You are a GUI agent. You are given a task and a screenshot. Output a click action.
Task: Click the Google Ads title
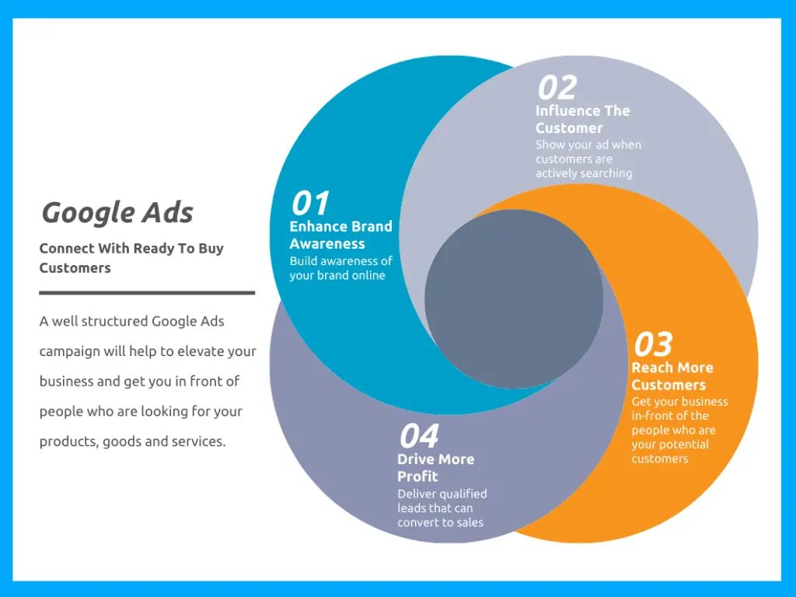(x=117, y=212)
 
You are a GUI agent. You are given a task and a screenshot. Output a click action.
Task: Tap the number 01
(x=310, y=204)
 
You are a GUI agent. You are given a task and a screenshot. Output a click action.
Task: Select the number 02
(x=557, y=88)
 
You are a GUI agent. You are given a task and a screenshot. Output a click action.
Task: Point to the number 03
(x=653, y=344)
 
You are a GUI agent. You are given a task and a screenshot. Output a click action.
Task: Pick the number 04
(x=419, y=436)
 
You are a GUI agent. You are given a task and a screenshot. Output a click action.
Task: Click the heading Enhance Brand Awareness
(x=340, y=235)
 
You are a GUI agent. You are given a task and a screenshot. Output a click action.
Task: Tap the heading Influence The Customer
(x=582, y=119)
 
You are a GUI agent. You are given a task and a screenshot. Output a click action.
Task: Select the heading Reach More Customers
(x=672, y=376)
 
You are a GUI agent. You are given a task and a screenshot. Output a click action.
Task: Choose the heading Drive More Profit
(x=435, y=467)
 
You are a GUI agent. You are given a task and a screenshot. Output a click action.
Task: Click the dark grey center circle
(x=514, y=299)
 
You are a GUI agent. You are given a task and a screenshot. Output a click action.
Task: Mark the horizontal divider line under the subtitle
(x=147, y=293)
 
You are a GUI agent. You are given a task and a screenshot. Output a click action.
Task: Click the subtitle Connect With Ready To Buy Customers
(x=131, y=258)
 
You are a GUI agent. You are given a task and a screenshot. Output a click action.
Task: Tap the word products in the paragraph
(x=68, y=442)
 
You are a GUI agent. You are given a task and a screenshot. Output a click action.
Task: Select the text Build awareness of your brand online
(x=340, y=268)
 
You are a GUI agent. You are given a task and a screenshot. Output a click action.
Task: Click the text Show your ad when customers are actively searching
(x=588, y=159)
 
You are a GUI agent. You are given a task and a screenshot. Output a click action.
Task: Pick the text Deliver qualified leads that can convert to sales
(x=442, y=508)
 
